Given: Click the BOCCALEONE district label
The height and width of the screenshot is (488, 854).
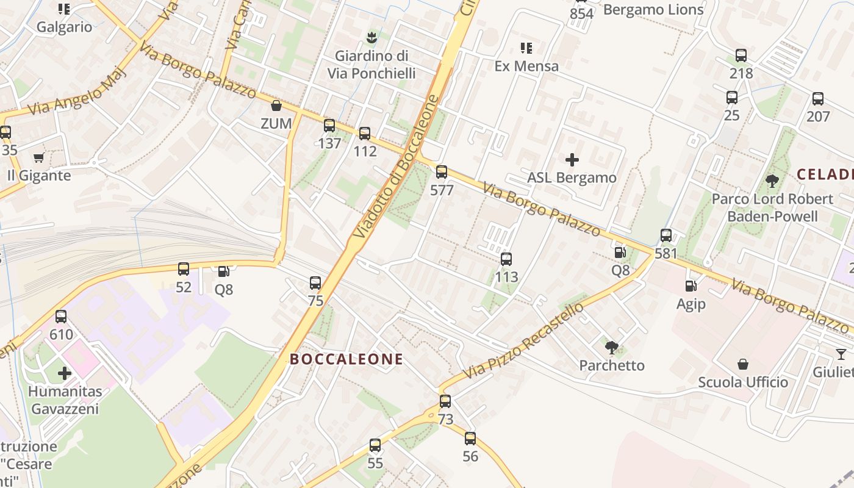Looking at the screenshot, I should (x=346, y=359).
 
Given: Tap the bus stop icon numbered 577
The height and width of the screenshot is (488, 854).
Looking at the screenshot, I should (x=442, y=172).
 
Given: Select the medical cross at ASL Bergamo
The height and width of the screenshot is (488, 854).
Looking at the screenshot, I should (x=572, y=160).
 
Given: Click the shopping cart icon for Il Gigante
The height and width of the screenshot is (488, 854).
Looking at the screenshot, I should (x=39, y=158).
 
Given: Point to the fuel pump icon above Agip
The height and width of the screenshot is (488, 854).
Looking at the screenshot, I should (x=691, y=285).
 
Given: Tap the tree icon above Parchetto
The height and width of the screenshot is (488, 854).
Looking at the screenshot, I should (x=612, y=348).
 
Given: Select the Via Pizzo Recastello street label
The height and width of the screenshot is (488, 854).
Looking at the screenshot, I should (x=523, y=340).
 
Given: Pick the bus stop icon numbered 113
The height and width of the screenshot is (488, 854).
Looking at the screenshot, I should (x=506, y=259).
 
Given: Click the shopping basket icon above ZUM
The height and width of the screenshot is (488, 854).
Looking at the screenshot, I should (x=276, y=106).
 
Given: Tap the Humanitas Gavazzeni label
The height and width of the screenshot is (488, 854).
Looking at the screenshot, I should (x=65, y=400).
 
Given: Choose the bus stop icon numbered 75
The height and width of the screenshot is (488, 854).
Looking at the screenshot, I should (x=315, y=283).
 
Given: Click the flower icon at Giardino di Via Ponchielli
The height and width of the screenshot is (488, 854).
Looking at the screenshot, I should (x=371, y=38).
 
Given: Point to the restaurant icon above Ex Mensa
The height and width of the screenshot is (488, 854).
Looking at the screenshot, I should (x=526, y=48).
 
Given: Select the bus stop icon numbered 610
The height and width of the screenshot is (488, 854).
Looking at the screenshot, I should (x=61, y=317).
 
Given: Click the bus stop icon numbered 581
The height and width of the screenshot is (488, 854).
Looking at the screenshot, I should (x=666, y=235).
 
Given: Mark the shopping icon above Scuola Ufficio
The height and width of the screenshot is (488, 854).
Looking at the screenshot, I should (x=743, y=364).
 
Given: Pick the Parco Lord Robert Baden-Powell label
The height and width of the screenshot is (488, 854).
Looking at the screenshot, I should (x=772, y=207).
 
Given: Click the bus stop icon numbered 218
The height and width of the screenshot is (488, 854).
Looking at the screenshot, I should (x=741, y=56).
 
